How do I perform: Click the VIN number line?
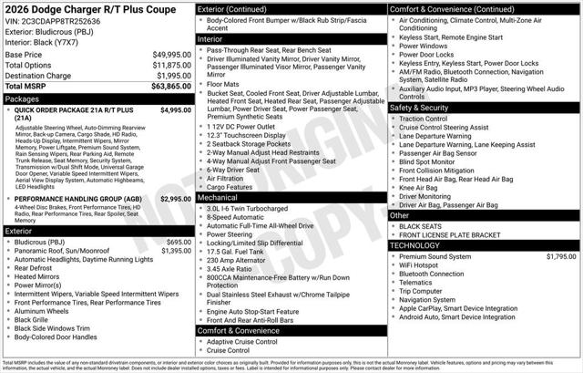click(x=60, y=20)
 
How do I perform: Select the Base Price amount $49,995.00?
click(x=171, y=55)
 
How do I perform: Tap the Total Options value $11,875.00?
click(x=171, y=65)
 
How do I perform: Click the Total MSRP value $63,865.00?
click(x=170, y=86)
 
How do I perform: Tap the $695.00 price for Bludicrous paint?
click(x=178, y=242)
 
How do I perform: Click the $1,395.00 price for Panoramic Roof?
click(x=176, y=251)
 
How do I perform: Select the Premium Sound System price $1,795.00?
click(x=559, y=257)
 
